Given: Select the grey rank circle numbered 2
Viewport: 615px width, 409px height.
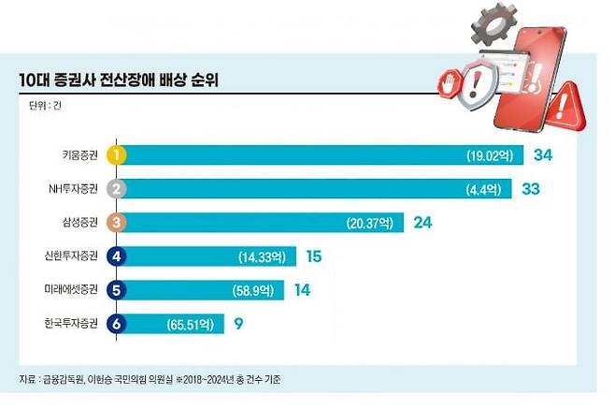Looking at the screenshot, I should point(117,188).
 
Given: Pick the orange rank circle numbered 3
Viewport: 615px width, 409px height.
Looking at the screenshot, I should point(117,222).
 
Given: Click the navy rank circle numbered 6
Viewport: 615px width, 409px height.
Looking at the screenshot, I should point(117,324).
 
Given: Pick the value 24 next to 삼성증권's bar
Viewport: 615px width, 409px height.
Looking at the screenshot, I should point(422,222).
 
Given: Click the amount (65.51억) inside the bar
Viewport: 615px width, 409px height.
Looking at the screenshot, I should point(193,325).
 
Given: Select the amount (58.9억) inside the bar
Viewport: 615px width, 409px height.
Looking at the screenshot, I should point(253,291).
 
